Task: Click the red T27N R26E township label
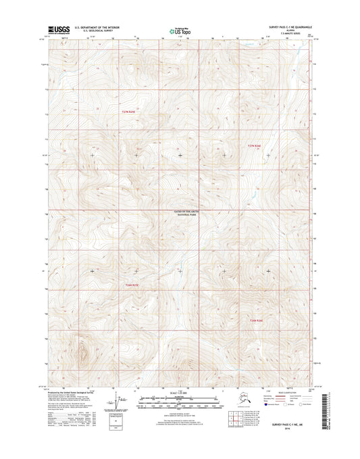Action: pos(255,145)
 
